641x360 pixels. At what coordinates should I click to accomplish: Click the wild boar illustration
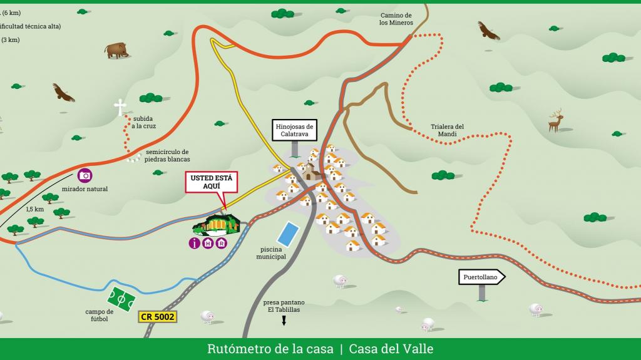(x=117, y=50)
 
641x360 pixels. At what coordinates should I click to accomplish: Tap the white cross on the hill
(x=120, y=107)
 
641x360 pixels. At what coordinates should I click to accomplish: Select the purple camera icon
(x=85, y=175)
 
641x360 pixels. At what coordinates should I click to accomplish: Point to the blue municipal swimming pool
(x=288, y=234)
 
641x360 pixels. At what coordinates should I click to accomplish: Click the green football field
(x=121, y=298)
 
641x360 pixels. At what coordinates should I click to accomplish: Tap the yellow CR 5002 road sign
(x=158, y=317)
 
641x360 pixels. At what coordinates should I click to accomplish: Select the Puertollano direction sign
(x=481, y=277)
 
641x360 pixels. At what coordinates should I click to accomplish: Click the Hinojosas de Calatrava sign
(x=294, y=130)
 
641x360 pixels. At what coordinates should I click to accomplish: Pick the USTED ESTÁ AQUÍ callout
(x=211, y=182)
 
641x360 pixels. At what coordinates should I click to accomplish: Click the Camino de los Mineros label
(x=396, y=19)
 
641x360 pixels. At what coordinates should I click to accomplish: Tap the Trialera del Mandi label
(x=448, y=130)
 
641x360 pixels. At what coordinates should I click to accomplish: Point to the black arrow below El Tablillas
(x=284, y=321)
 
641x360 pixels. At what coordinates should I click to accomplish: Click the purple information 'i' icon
(x=195, y=244)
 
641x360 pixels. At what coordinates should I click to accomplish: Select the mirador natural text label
(x=85, y=188)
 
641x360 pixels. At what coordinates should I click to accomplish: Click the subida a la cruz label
(x=143, y=122)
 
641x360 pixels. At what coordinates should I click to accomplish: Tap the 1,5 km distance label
(x=35, y=209)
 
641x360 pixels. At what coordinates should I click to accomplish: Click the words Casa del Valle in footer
(x=391, y=349)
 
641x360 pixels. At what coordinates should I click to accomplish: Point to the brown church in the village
(x=311, y=172)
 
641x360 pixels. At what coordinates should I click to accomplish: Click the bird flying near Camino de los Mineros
(x=488, y=31)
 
